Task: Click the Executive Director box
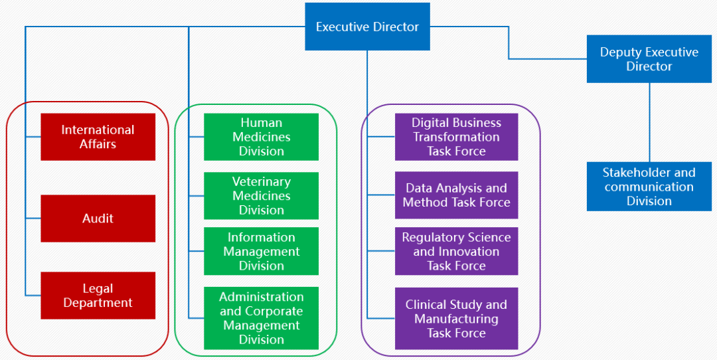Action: click(367, 27)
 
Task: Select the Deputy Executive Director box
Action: click(649, 59)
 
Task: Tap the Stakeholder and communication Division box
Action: click(649, 187)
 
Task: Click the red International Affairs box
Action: click(98, 137)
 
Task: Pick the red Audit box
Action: click(98, 219)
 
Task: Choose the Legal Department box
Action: click(98, 296)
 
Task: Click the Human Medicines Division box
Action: click(261, 137)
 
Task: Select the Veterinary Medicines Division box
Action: click(261, 196)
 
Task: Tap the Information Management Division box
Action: click(261, 251)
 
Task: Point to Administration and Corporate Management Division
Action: click(261, 318)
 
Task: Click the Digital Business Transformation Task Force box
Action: click(456, 137)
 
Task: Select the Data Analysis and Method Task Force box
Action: click(456, 195)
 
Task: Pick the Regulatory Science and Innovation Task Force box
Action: click(456, 251)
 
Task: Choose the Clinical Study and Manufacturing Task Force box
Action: click(456, 318)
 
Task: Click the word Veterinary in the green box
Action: click(261, 182)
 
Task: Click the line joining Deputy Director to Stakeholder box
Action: click(649, 122)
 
